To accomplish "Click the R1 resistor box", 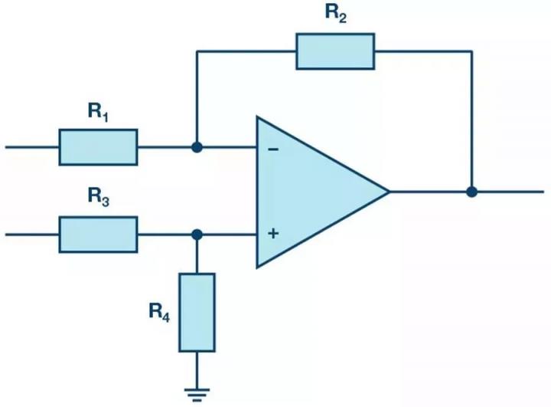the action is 98,147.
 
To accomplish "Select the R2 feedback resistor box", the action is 335,51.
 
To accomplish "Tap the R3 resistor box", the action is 98,235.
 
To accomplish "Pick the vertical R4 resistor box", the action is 197,312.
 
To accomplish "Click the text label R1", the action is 98,112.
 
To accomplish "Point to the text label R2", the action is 336,13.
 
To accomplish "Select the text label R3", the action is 99,196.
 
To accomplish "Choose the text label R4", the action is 159,312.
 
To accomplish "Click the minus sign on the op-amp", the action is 273,149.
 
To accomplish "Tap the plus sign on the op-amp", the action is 273,233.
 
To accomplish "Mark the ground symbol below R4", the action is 197,395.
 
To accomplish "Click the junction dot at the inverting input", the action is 197,147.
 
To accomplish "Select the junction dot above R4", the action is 197,235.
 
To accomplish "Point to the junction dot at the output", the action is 471,192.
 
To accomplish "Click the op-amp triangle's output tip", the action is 390,192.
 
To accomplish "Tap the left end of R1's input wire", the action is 5,147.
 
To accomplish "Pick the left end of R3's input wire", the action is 5,235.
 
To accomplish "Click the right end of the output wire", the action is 543,192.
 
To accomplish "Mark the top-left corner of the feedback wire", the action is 197,51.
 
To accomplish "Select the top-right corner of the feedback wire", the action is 471,51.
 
